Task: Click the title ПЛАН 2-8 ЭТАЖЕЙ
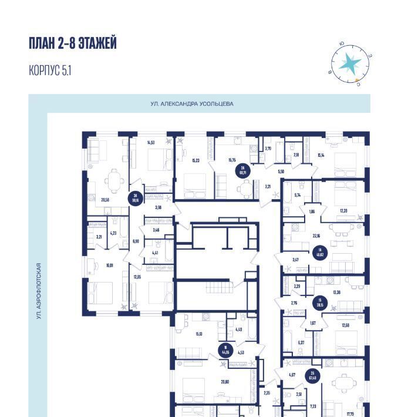(x=72, y=43)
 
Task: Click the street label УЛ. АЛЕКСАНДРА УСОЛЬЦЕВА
(x=191, y=104)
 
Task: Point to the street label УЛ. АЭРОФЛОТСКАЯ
(x=38, y=291)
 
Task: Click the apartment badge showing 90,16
(x=134, y=198)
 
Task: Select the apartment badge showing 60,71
(x=242, y=171)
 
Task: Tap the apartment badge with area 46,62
(x=319, y=250)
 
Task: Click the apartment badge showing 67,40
(x=313, y=376)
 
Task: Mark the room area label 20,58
(x=106, y=200)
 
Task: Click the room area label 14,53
(x=151, y=142)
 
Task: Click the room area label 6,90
(x=136, y=241)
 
